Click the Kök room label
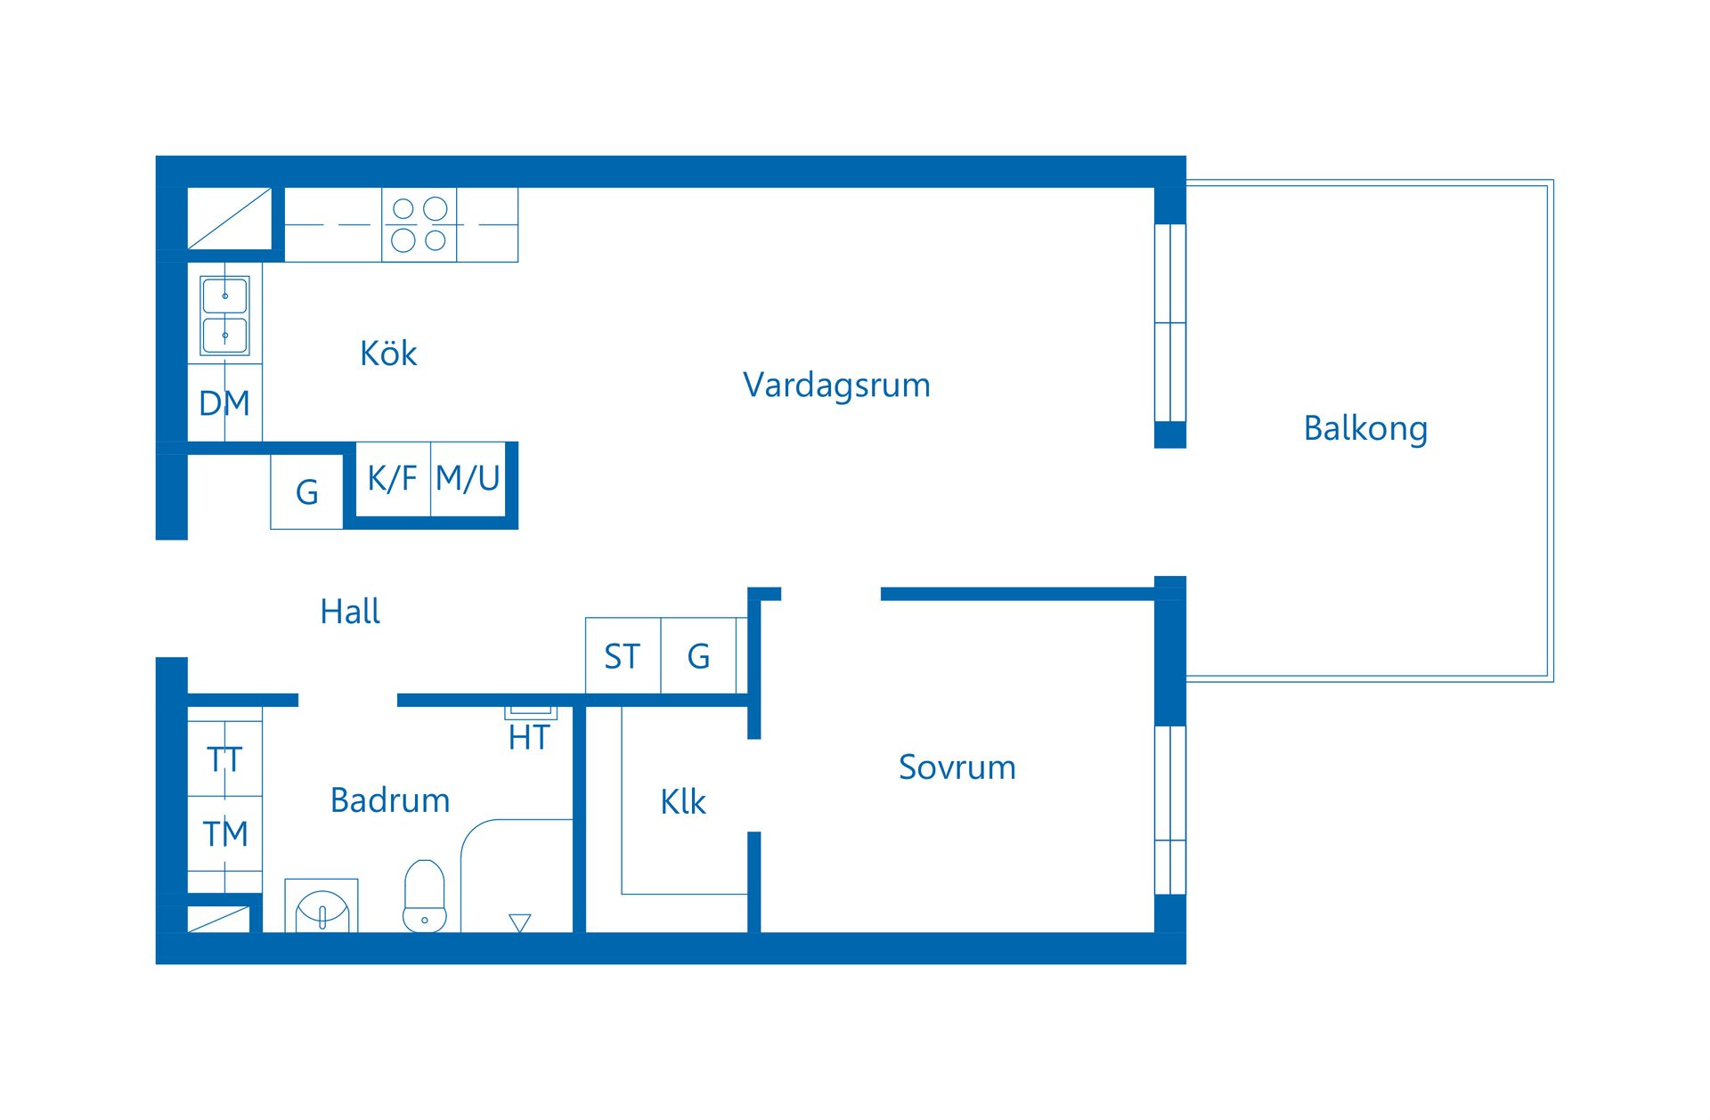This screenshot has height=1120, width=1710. click(x=388, y=353)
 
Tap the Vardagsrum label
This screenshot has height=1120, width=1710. click(x=836, y=385)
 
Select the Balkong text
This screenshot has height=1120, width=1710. click(x=1364, y=428)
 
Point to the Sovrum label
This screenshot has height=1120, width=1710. click(x=957, y=767)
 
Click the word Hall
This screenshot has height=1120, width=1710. click(x=349, y=612)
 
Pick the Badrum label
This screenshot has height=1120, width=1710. click(x=389, y=799)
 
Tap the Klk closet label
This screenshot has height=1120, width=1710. click(x=682, y=802)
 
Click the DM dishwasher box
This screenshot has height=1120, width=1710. click(x=224, y=403)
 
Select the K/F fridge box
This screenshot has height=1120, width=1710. click(x=392, y=479)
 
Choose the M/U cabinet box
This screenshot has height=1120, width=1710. click(x=468, y=479)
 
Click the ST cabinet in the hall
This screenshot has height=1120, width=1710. click(x=622, y=656)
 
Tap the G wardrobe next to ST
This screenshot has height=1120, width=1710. click(x=698, y=656)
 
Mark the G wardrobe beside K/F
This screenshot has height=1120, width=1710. click(x=306, y=491)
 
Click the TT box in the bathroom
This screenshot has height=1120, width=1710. click(x=224, y=759)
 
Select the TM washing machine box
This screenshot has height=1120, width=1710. click(x=224, y=833)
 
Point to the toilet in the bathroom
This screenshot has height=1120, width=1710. click(x=424, y=896)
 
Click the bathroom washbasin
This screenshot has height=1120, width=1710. click(x=322, y=908)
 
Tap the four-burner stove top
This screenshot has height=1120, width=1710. click(x=419, y=224)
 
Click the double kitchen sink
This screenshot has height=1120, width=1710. click(x=224, y=315)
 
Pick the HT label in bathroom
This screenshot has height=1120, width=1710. click(x=529, y=737)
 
